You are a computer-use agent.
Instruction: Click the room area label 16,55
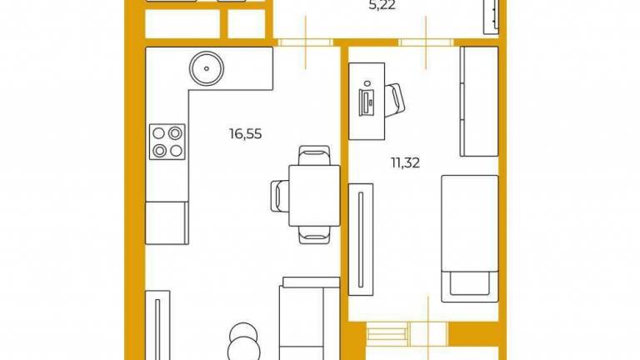tap(245, 134)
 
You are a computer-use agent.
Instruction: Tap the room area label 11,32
tap(405, 163)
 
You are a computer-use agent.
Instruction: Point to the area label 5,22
tap(382, 6)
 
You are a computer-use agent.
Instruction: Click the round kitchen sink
tap(207, 68)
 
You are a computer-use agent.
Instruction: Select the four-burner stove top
tap(167, 142)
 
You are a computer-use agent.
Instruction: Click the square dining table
tap(314, 195)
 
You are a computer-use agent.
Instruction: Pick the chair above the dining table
tap(314, 156)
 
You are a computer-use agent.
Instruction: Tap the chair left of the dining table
tap(280, 196)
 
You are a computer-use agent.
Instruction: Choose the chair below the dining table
tap(314, 235)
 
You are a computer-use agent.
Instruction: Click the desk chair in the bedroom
tap(394, 100)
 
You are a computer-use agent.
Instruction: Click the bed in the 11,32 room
tap(470, 239)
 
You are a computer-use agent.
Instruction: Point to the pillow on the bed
tap(470, 282)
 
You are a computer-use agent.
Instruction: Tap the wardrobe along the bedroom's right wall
tap(479, 102)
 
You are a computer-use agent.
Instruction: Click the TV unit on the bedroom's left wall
tap(360, 240)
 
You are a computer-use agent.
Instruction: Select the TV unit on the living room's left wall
tap(157, 325)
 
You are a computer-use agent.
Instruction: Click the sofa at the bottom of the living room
tap(309, 318)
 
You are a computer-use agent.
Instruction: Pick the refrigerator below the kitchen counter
tap(167, 222)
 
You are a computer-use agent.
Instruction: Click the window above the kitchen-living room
tap(305, 42)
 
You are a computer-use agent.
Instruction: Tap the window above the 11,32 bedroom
tap(426, 42)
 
